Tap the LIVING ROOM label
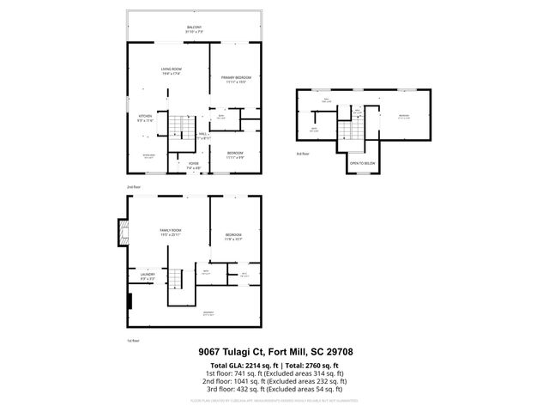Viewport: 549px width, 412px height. [170, 71]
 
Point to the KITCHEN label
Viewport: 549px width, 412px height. [146, 118]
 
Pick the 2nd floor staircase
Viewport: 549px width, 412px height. [177, 127]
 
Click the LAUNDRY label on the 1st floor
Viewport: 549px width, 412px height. [147, 276]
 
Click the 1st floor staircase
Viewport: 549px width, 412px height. [176, 278]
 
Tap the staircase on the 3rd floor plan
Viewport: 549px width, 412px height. [348, 131]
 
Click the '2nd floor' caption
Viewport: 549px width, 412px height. [132, 185]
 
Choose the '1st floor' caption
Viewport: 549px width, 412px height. [132, 341]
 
